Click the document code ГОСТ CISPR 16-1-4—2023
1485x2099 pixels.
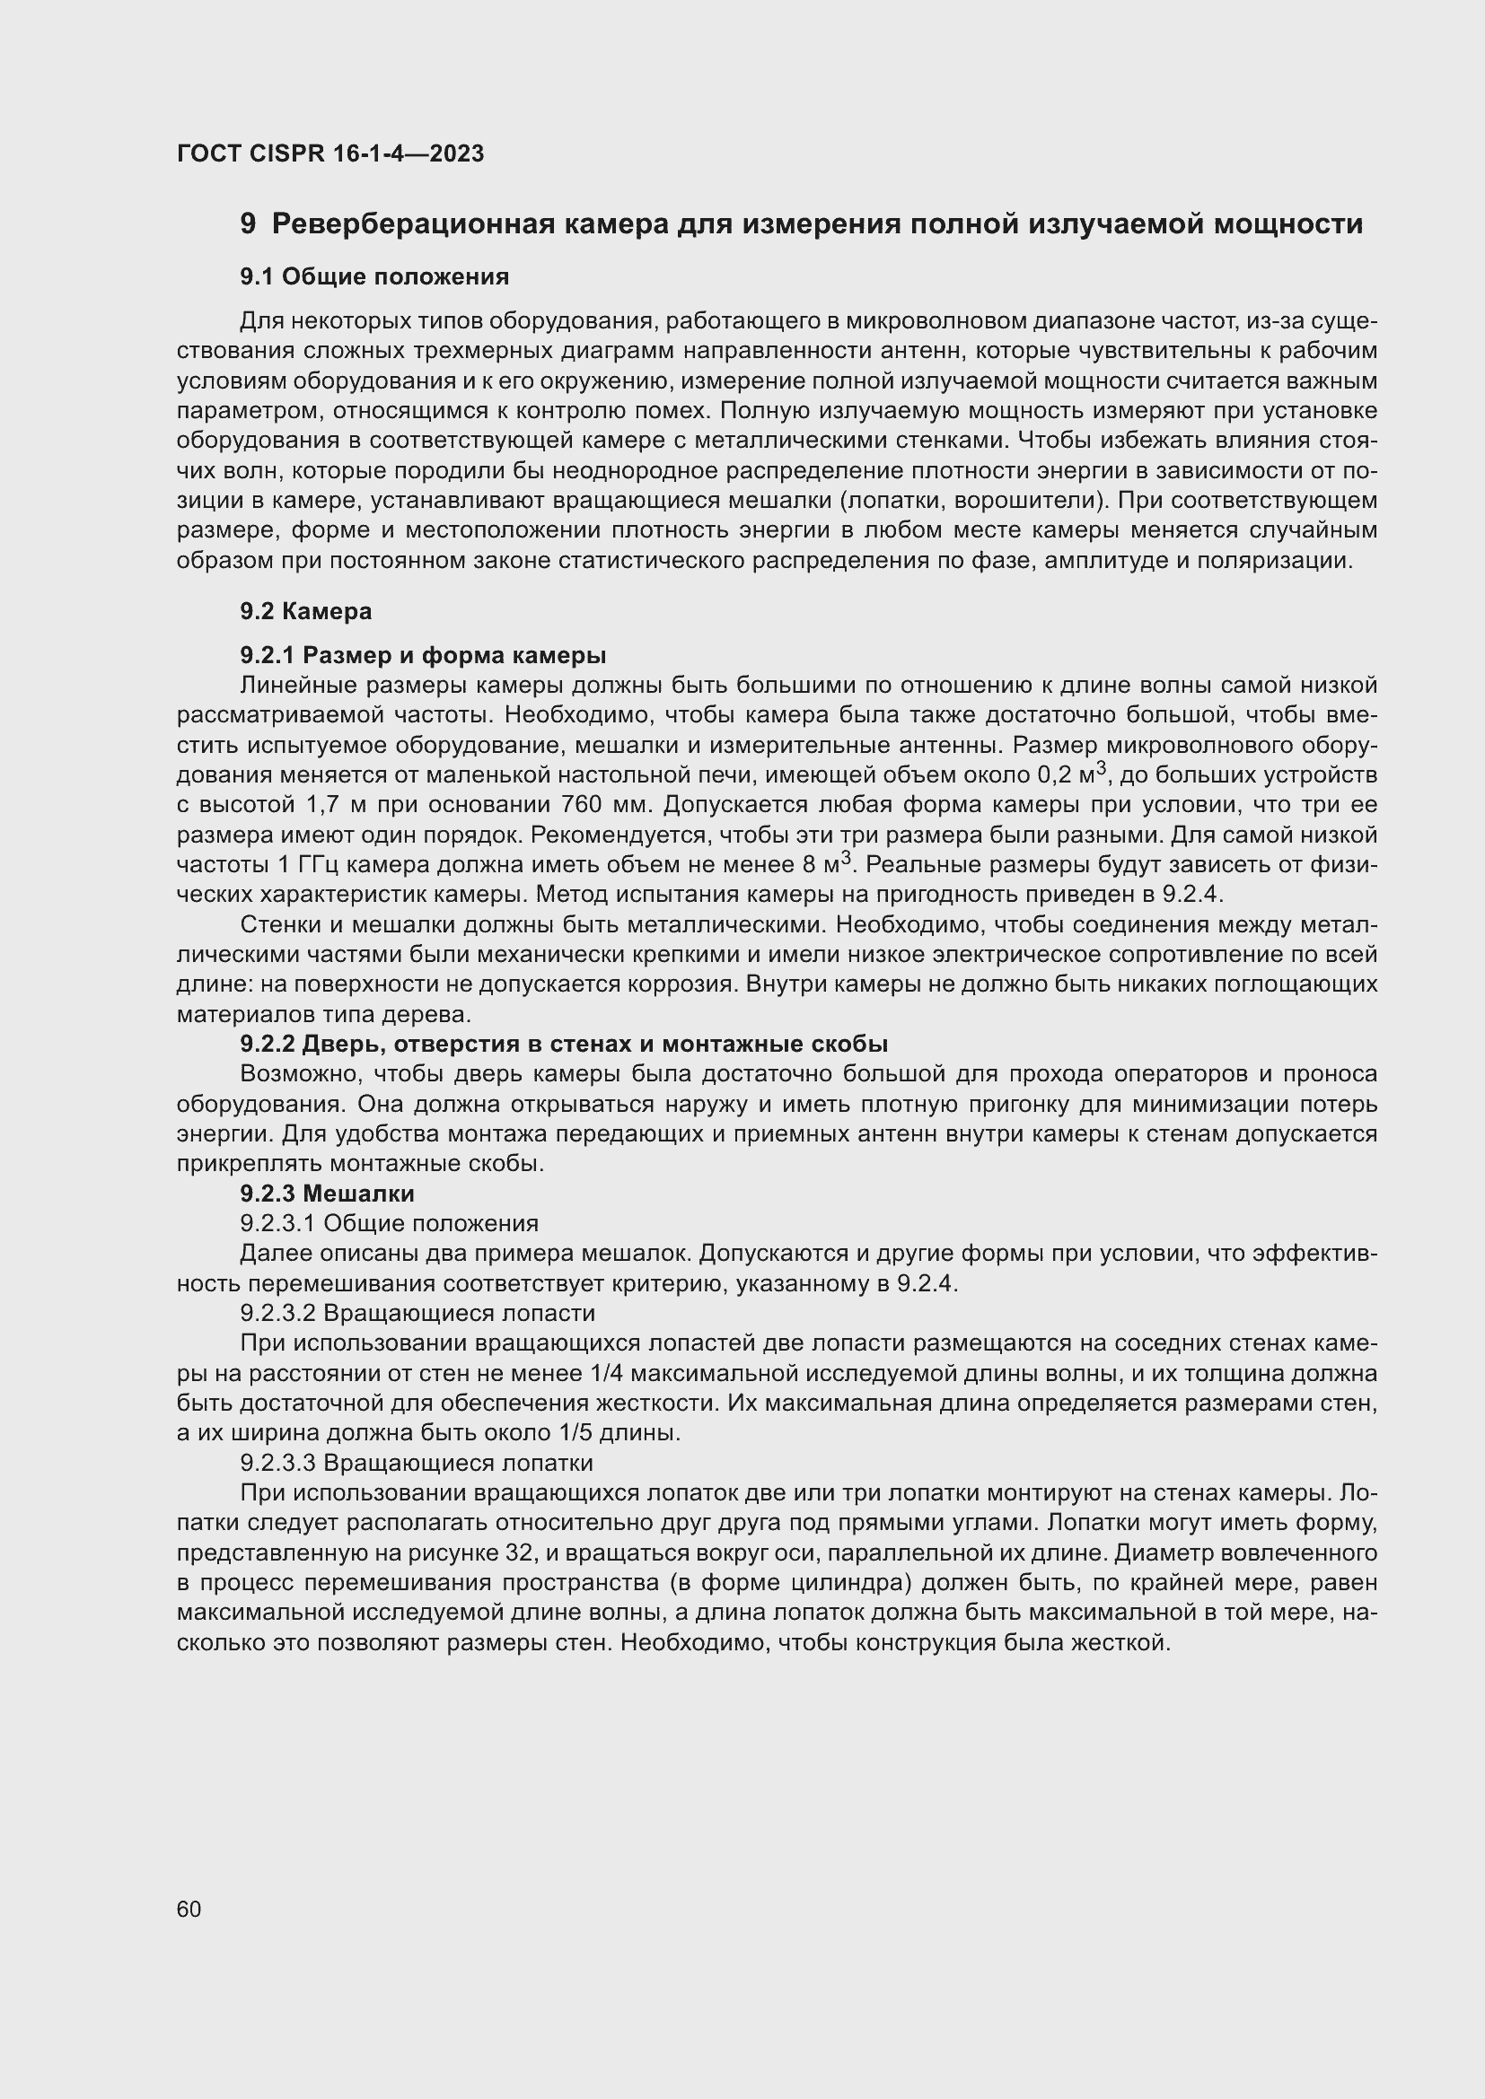click(330, 153)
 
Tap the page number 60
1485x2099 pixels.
click(189, 1909)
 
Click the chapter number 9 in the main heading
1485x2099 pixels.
click(248, 224)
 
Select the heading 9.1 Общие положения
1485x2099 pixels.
click(374, 276)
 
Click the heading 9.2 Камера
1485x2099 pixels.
click(305, 611)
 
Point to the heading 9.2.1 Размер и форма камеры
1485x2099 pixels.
click(423, 655)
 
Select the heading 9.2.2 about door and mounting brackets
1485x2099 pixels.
click(563, 1044)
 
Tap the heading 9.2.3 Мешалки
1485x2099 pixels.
click(327, 1193)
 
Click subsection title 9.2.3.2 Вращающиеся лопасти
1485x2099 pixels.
click(417, 1314)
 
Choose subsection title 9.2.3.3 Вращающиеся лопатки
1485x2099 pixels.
click(416, 1463)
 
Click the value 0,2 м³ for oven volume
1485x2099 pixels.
click(1072, 775)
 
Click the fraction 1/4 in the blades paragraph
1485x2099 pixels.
click(601, 1373)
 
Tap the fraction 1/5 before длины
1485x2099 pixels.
click(583, 1432)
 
